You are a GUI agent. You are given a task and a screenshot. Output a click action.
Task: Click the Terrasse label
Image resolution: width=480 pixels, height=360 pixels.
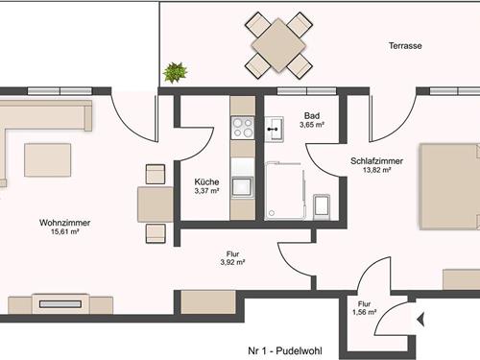pos(405,46)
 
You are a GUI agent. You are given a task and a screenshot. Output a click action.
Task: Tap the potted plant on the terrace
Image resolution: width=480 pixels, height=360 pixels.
pos(175,72)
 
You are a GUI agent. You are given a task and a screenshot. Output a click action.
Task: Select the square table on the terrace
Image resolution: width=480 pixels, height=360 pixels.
pos(278,45)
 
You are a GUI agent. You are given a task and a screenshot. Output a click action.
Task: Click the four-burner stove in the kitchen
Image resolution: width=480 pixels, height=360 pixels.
pos(243,128)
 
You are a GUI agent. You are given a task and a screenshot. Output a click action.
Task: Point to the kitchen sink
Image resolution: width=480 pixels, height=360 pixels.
pos(242,186)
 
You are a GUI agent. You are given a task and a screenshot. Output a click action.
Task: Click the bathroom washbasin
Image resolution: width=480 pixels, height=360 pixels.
pos(275,129)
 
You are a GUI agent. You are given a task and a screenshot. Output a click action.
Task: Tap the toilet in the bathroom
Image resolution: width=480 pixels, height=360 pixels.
pos(322,206)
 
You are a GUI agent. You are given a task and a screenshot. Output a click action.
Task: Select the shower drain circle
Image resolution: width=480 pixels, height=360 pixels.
pos(272,213)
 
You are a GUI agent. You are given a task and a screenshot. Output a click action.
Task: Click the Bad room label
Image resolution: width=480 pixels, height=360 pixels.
pos(312,115)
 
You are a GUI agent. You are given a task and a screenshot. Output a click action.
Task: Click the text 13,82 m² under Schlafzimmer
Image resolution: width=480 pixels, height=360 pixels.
pos(376,170)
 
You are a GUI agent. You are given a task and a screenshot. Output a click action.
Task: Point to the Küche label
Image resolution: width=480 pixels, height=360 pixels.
pos(206,182)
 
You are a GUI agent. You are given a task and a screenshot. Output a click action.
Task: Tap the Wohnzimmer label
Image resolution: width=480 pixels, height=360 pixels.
pos(64,223)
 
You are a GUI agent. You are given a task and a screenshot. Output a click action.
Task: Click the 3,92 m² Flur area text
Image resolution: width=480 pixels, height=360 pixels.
pos(232,262)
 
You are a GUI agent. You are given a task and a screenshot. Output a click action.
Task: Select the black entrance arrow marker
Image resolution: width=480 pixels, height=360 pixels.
pos(420,319)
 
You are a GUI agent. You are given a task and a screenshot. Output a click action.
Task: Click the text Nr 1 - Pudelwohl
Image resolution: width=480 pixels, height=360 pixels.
pos(285,350)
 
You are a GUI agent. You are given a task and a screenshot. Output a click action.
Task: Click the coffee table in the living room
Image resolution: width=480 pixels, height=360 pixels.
pos(48,160)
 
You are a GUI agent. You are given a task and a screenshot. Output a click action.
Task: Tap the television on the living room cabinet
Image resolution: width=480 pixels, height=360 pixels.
pos(60,304)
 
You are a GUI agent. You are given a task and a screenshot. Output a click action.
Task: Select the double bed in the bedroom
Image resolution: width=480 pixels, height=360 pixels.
pos(450,186)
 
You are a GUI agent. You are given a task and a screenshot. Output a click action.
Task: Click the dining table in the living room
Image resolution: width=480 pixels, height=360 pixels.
pos(156,204)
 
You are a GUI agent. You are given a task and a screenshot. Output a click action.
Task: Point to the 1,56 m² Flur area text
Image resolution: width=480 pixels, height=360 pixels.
pos(364,312)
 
